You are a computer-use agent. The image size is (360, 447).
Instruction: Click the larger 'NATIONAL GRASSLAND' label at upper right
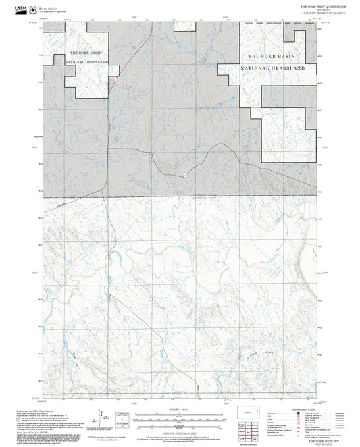(276, 68)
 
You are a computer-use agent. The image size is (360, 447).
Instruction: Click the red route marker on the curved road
(185, 176)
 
